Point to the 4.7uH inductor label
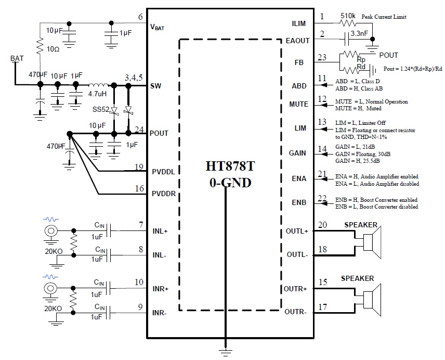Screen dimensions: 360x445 pyautogui.click(x=98, y=95)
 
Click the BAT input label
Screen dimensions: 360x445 pyautogui.click(x=17, y=59)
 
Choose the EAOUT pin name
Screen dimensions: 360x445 pyautogui.click(x=297, y=40)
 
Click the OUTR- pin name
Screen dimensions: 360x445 pyautogui.click(x=296, y=312)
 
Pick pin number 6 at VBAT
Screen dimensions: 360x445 pyautogui.click(x=140, y=17)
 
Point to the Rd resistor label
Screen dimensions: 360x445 pyautogui.click(x=361, y=67)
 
